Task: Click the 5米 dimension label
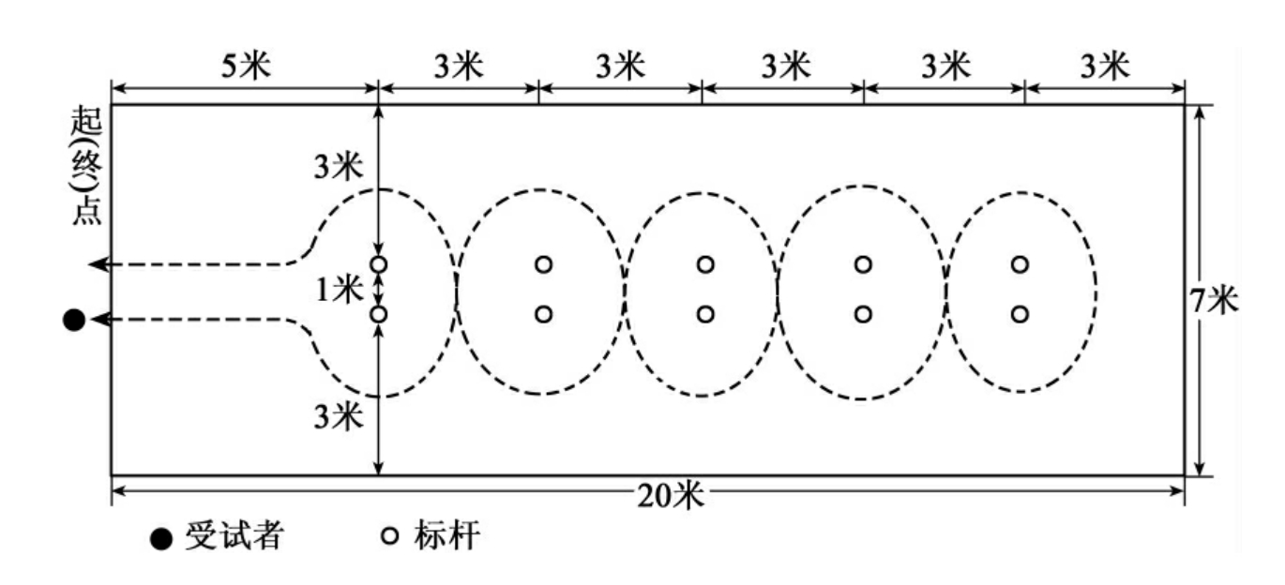(246, 66)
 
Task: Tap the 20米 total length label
(670, 495)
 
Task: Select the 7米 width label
(1214, 301)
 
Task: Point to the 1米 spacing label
(340, 290)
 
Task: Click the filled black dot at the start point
(74, 320)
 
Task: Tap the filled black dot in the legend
(161, 539)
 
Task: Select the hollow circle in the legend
(390, 535)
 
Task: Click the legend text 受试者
(234, 536)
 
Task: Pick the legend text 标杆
(446, 535)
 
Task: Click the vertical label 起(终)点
(86, 166)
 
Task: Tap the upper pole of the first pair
(379, 264)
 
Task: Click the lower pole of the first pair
(379, 314)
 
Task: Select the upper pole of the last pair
(1020, 264)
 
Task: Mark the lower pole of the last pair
(1020, 314)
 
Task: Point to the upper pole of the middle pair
(705, 264)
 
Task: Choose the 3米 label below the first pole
(339, 416)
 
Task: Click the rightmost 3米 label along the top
(1106, 66)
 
